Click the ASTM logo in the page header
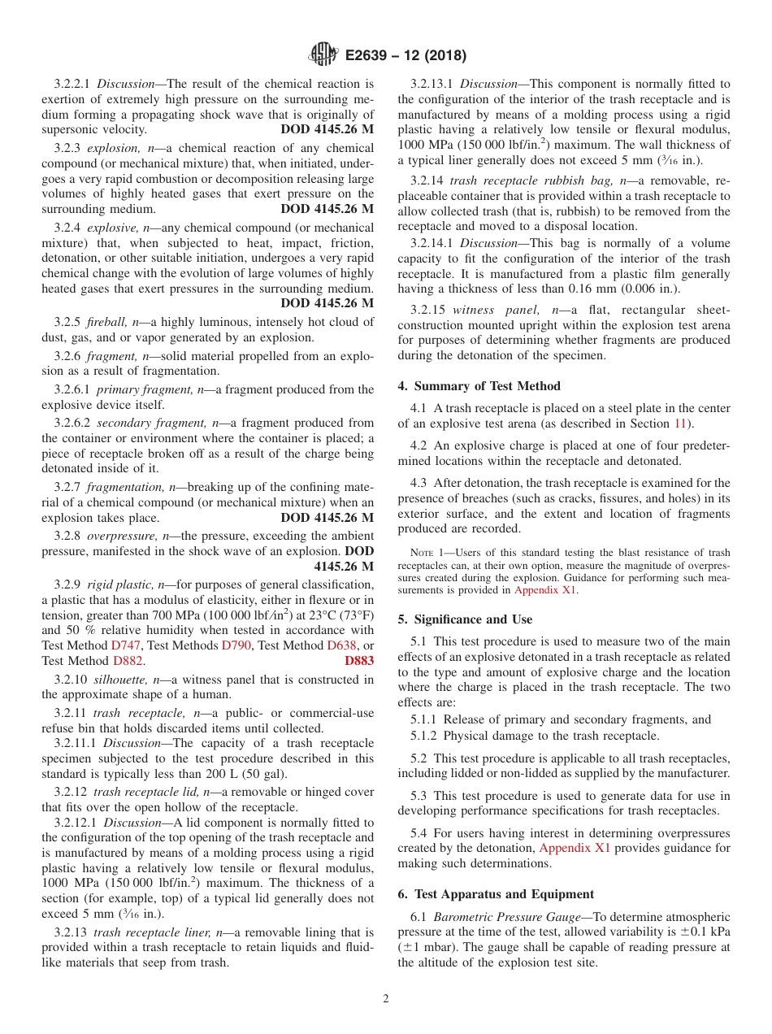coord(323,55)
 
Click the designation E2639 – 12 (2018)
coord(406,56)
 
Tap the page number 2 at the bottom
coord(386,998)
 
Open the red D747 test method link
coord(126,645)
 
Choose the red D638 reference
coord(341,645)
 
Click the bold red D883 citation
coord(359,661)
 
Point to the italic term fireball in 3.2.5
coord(107,322)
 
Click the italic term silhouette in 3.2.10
coord(119,680)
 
